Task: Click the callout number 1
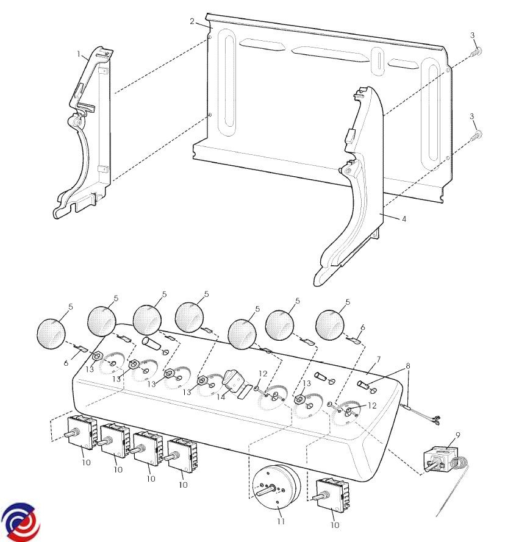pos(79,54)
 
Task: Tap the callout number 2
pos(192,21)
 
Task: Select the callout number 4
pos(404,219)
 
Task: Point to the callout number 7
pos(379,360)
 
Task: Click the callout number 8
pos(408,366)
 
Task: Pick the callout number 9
pos(458,435)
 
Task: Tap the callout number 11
pos(281,521)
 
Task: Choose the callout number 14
pos(221,397)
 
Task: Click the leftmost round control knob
pos(51,333)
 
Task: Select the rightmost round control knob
pos(330,325)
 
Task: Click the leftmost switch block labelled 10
pos(79,432)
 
